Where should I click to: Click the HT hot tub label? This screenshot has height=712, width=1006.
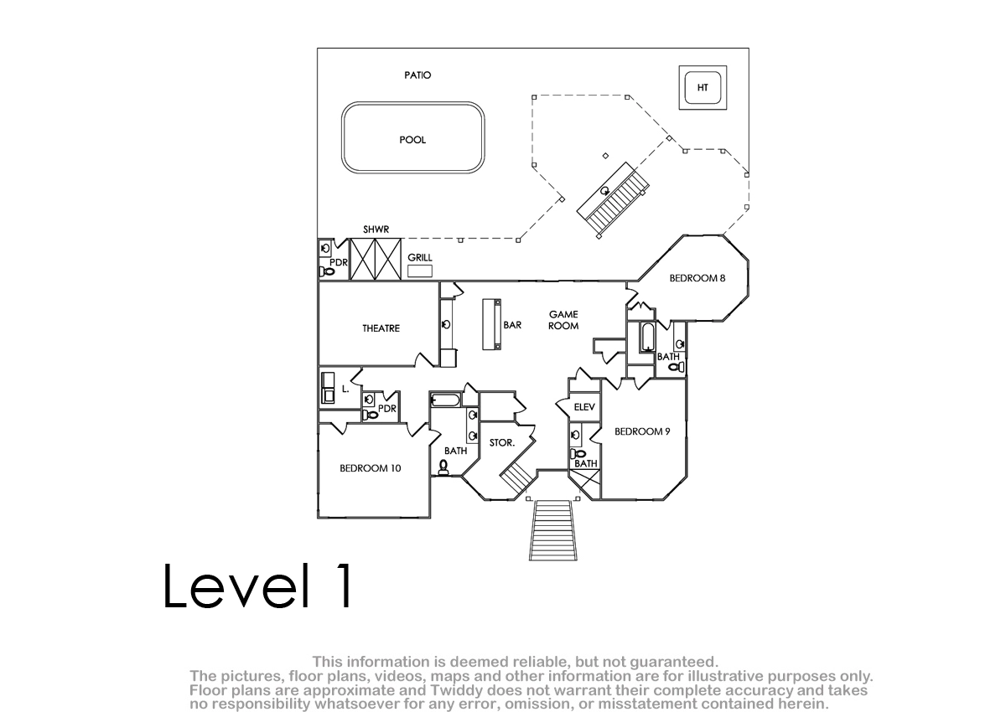tap(703, 87)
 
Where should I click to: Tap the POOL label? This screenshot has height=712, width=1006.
tap(412, 140)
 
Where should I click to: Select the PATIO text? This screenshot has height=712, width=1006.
tap(417, 75)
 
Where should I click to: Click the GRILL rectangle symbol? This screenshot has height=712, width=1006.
tap(420, 271)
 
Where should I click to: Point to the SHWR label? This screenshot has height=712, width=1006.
tap(376, 230)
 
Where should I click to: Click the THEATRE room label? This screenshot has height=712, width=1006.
tap(381, 328)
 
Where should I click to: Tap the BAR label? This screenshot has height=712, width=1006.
tap(512, 325)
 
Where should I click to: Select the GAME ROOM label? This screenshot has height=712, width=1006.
tap(563, 320)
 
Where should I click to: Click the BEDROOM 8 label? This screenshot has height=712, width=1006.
tap(697, 278)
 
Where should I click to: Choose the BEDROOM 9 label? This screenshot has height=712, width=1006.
tap(642, 431)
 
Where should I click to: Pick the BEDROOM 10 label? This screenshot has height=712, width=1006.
tap(370, 468)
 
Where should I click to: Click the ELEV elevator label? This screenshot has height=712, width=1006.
tap(584, 407)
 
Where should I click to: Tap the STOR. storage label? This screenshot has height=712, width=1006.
tap(501, 443)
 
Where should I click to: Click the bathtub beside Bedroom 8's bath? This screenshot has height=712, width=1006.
tap(647, 337)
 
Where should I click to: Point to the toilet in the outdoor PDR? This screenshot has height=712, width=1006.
tap(326, 271)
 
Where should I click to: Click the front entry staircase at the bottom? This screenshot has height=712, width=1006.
tap(552, 530)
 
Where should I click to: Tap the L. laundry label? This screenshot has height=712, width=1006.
tap(345, 389)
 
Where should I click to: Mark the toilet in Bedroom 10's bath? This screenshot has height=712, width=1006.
tap(443, 467)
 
